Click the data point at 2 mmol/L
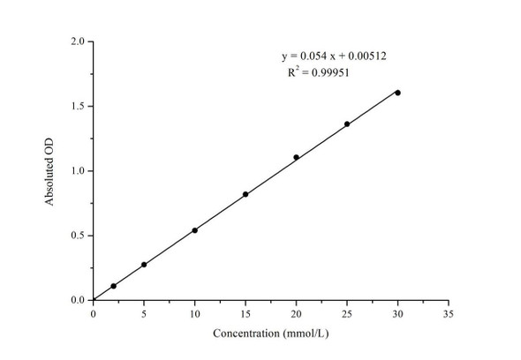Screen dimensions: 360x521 pyautogui.click(x=113, y=286)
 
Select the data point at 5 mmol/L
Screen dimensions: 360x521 pyautogui.click(x=144, y=265)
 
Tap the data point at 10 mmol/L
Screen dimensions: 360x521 pyautogui.click(x=194, y=230)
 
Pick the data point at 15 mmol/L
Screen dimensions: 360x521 pyautogui.click(x=245, y=194)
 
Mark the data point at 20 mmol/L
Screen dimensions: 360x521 pyautogui.click(x=296, y=157)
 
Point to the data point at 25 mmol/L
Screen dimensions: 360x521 pyautogui.click(x=347, y=124)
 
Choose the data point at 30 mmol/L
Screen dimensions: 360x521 pyautogui.click(x=397, y=93)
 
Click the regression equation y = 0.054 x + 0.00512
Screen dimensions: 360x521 pyautogui.click(x=334, y=56)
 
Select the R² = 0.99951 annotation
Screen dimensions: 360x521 pyautogui.click(x=319, y=72)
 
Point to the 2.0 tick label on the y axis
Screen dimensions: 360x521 pyautogui.click(x=78, y=41)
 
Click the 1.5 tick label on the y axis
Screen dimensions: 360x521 pyautogui.click(x=78, y=106)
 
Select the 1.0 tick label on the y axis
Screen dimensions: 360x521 pyautogui.click(x=78, y=171)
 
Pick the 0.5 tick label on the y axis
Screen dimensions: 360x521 pyautogui.click(x=78, y=236)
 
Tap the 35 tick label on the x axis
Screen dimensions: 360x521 pyautogui.click(x=449, y=312)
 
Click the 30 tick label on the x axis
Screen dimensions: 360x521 pyautogui.click(x=397, y=312)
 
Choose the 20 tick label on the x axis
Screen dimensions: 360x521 pyautogui.click(x=296, y=312)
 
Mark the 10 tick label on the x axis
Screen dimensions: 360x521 pyautogui.click(x=194, y=312)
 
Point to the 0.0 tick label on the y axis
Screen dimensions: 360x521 pyautogui.click(x=78, y=300)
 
